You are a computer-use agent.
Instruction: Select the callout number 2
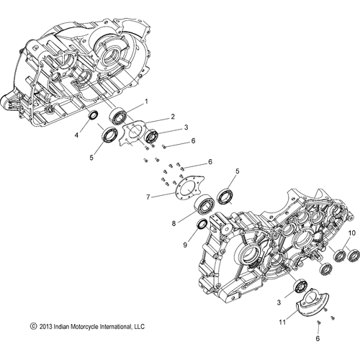pos(173,117)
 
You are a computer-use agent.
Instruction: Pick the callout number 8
pos(174,223)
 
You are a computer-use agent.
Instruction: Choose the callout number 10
pos(352,235)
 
